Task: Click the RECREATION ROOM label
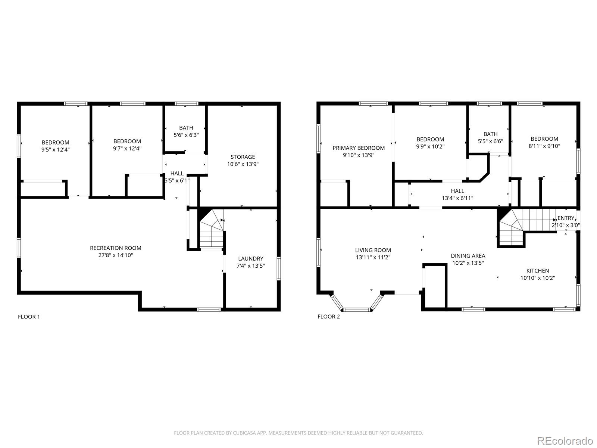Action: tap(115, 248)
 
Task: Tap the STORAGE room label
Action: tap(243, 157)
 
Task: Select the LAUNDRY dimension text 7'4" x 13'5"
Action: tap(250, 266)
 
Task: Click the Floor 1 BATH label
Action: tap(186, 128)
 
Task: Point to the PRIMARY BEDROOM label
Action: tap(358, 148)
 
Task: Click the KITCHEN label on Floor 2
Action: tap(537, 271)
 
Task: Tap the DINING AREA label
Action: tap(468, 256)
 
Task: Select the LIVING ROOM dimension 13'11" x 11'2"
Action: tap(373, 257)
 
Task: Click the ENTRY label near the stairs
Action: tap(566, 218)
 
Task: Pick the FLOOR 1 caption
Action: tap(29, 317)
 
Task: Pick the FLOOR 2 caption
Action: tap(328, 317)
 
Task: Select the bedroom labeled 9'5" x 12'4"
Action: tap(55, 146)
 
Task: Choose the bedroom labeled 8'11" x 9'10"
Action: tap(544, 142)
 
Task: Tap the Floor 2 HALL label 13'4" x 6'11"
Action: tap(457, 195)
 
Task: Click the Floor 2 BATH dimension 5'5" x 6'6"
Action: tap(490, 141)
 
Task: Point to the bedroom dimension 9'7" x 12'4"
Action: tap(127, 148)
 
